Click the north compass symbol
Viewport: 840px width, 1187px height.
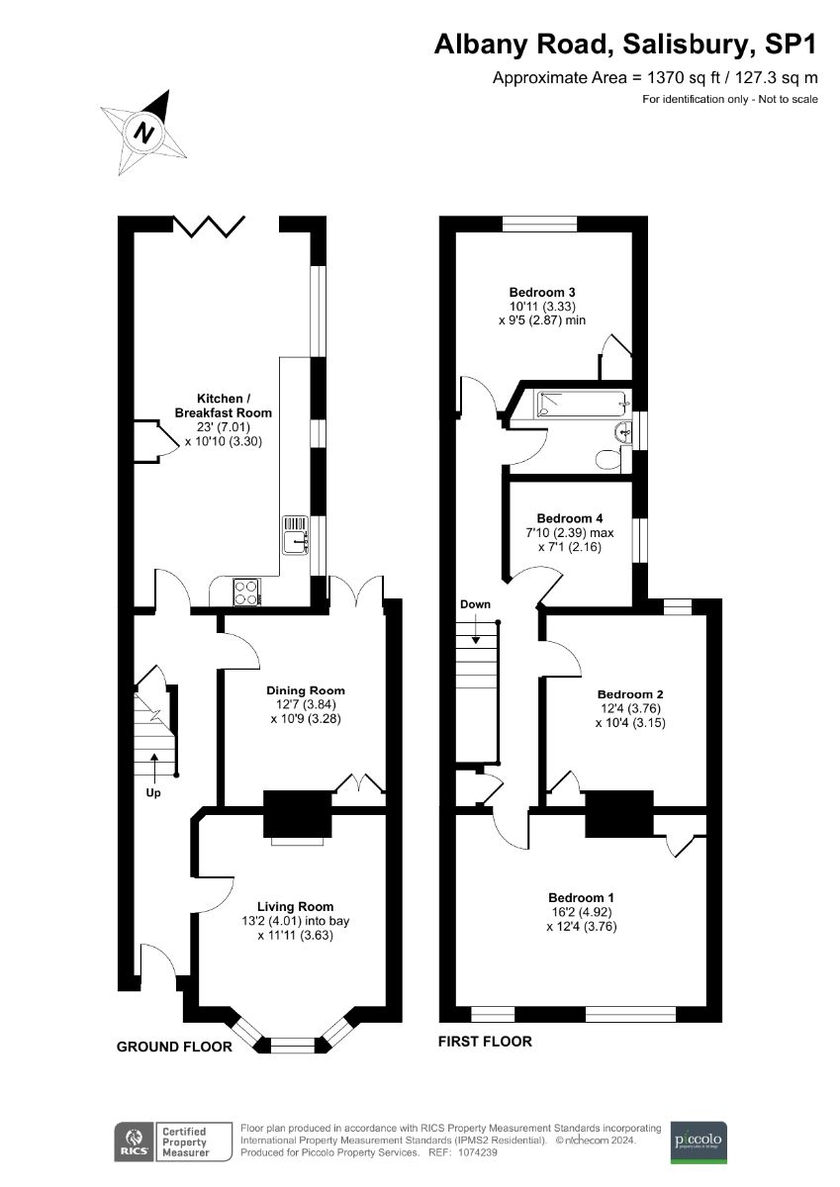(x=145, y=132)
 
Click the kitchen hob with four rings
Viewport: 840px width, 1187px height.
(x=247, y=592)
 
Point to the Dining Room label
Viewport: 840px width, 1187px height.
(x=306, y=690)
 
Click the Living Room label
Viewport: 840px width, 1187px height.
(x=295, y=906)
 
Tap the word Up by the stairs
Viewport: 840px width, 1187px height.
(x=154, y=791)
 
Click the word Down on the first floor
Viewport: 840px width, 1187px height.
(x=475, y=604)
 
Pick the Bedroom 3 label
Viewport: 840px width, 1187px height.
(x=542, y=292)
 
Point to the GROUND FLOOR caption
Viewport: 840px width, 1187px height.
(x=174, y=1047)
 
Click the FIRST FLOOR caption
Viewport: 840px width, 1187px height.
(x=486, y=1041)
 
